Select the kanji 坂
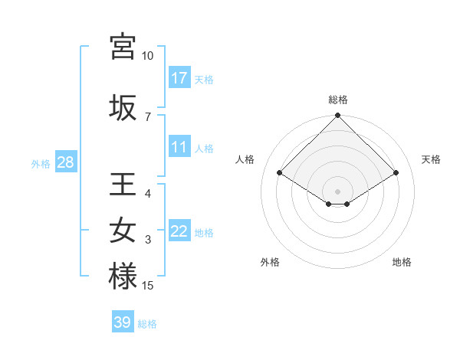(123, 107)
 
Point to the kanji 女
(123, 231)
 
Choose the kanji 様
(123, 277)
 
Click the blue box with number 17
(179, 78)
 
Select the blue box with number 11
(179, 147)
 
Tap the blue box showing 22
(179, 231)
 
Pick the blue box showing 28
(65, 162)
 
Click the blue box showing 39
(123, 322)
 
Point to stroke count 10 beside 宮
(147, 56)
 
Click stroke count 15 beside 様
(147, 286)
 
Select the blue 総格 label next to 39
(147, 324)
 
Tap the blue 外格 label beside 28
(41, 163)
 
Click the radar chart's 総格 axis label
(338, 100)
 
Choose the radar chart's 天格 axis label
(431, 159)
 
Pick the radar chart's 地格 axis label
(402, 262)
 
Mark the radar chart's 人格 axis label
(245, 159)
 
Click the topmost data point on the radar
(338, 116)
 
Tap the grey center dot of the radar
(338, 190)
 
